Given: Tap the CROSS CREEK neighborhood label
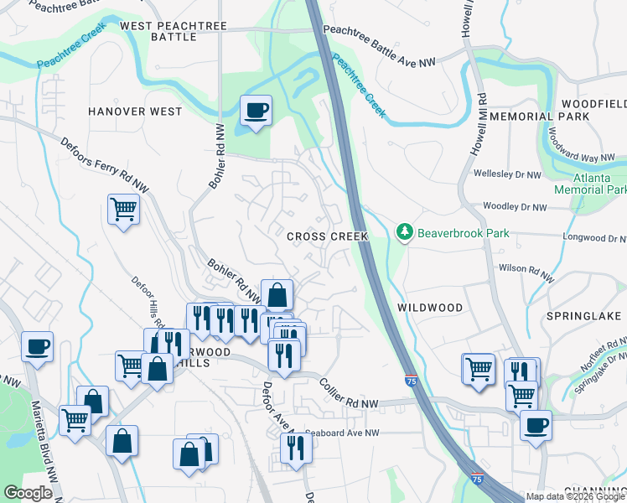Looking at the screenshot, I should [x=327, y=237].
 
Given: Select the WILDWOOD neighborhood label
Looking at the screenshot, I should [x=429, y=308].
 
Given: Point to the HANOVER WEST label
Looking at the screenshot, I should [x=135, y=111].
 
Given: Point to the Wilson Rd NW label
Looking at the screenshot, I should [x=526, y=272].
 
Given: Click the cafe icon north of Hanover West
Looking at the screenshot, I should [x=255, y=110].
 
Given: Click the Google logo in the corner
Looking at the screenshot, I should [x=27, y=493].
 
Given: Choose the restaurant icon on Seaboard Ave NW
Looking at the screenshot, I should [x=295, y=448].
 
